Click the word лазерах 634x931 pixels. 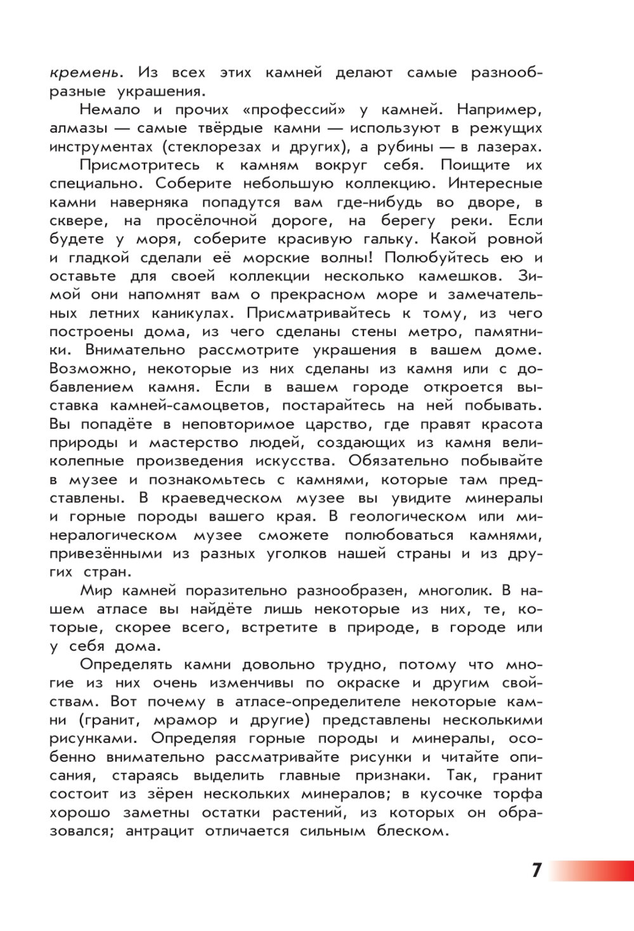508,147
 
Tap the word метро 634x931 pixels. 432,332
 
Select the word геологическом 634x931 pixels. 408,517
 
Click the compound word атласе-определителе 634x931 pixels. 318,702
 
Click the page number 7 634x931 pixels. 536,870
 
